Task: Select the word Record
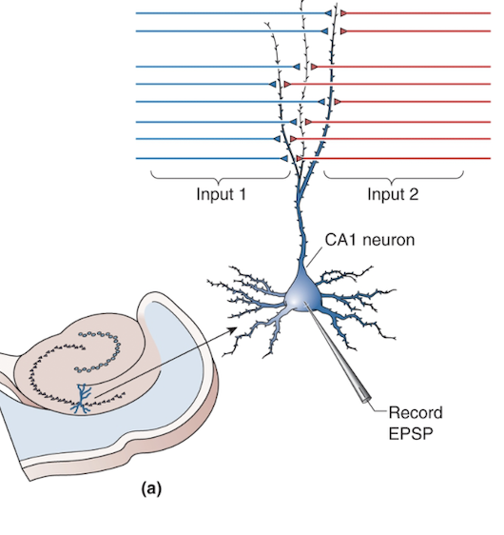[415, 412]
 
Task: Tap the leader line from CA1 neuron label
[313, 254]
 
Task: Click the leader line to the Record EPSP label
[378, 411]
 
